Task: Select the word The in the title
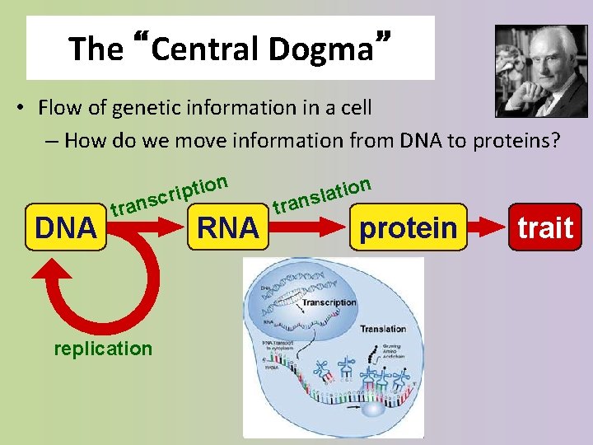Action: (x=96, y=49)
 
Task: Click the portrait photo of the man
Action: (x=541, y=71)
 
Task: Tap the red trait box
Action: (x=544, y=227)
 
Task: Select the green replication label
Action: (x=103, y=349)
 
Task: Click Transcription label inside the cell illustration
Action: (x=328, y=302)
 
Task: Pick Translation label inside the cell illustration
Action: (x=382, y=329)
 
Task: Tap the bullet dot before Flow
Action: (x=19, y=108)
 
